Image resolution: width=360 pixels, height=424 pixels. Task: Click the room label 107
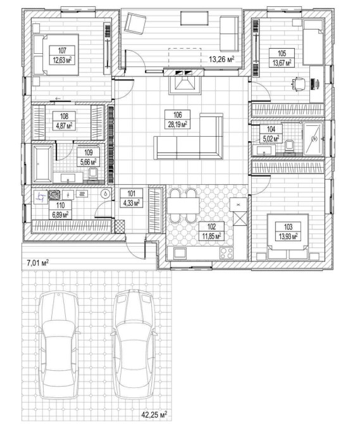[62, 50]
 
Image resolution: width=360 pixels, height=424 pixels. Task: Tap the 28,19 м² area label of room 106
[178, 124]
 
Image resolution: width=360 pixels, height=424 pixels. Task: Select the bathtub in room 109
[42, 164]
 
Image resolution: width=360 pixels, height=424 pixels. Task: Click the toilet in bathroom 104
[289, 147]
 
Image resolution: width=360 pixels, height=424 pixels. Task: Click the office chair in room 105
[299, 84]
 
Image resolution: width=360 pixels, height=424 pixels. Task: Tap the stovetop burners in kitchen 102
[227, 254]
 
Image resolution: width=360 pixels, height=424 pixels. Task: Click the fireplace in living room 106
[185, 85]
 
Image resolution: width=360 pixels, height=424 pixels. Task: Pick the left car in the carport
[58, 346]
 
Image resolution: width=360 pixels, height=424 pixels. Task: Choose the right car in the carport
[133, 344]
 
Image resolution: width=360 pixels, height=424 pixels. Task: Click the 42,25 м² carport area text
[154, 415]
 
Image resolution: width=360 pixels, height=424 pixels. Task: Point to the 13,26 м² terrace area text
[221, 59]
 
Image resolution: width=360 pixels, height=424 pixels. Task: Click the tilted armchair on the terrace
[135, 24]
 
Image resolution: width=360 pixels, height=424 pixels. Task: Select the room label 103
[288, 227]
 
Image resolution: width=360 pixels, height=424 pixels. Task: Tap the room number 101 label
[131, 194]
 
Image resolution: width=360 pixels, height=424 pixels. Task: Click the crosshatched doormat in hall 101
[120, 227]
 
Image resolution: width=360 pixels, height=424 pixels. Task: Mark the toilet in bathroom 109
[93, 175]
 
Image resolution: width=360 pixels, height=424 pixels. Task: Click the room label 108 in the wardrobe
[64, 116]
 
